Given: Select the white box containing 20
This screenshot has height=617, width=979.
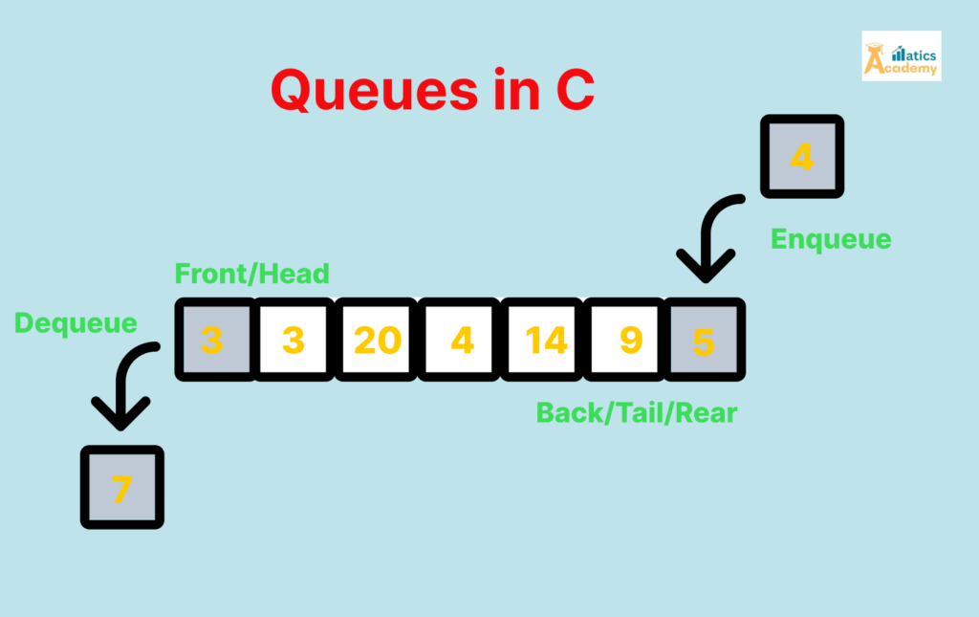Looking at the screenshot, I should coord(378,340).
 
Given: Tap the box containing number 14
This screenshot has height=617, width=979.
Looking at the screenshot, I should coord(546,340).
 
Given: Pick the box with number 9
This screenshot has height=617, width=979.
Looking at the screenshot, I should coord(629,340).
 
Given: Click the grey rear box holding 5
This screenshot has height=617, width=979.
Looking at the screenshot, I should coord(705,340).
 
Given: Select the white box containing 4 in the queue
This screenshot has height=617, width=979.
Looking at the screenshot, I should coord(462,340).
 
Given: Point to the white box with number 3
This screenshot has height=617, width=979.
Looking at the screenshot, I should coord(294,340).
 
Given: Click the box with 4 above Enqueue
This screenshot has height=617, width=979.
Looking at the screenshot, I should coord(801,156).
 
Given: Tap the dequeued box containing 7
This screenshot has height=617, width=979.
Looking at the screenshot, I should coord(121,487).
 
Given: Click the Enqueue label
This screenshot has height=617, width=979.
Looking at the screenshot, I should coord(831,238).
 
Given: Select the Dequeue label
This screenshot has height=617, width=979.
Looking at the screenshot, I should coord(76,322).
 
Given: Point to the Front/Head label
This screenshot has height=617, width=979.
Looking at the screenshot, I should coord(251,274).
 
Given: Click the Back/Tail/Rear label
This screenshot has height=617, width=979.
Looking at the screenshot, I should coord(637,412).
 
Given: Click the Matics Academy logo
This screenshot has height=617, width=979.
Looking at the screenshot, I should coord(901,55).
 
